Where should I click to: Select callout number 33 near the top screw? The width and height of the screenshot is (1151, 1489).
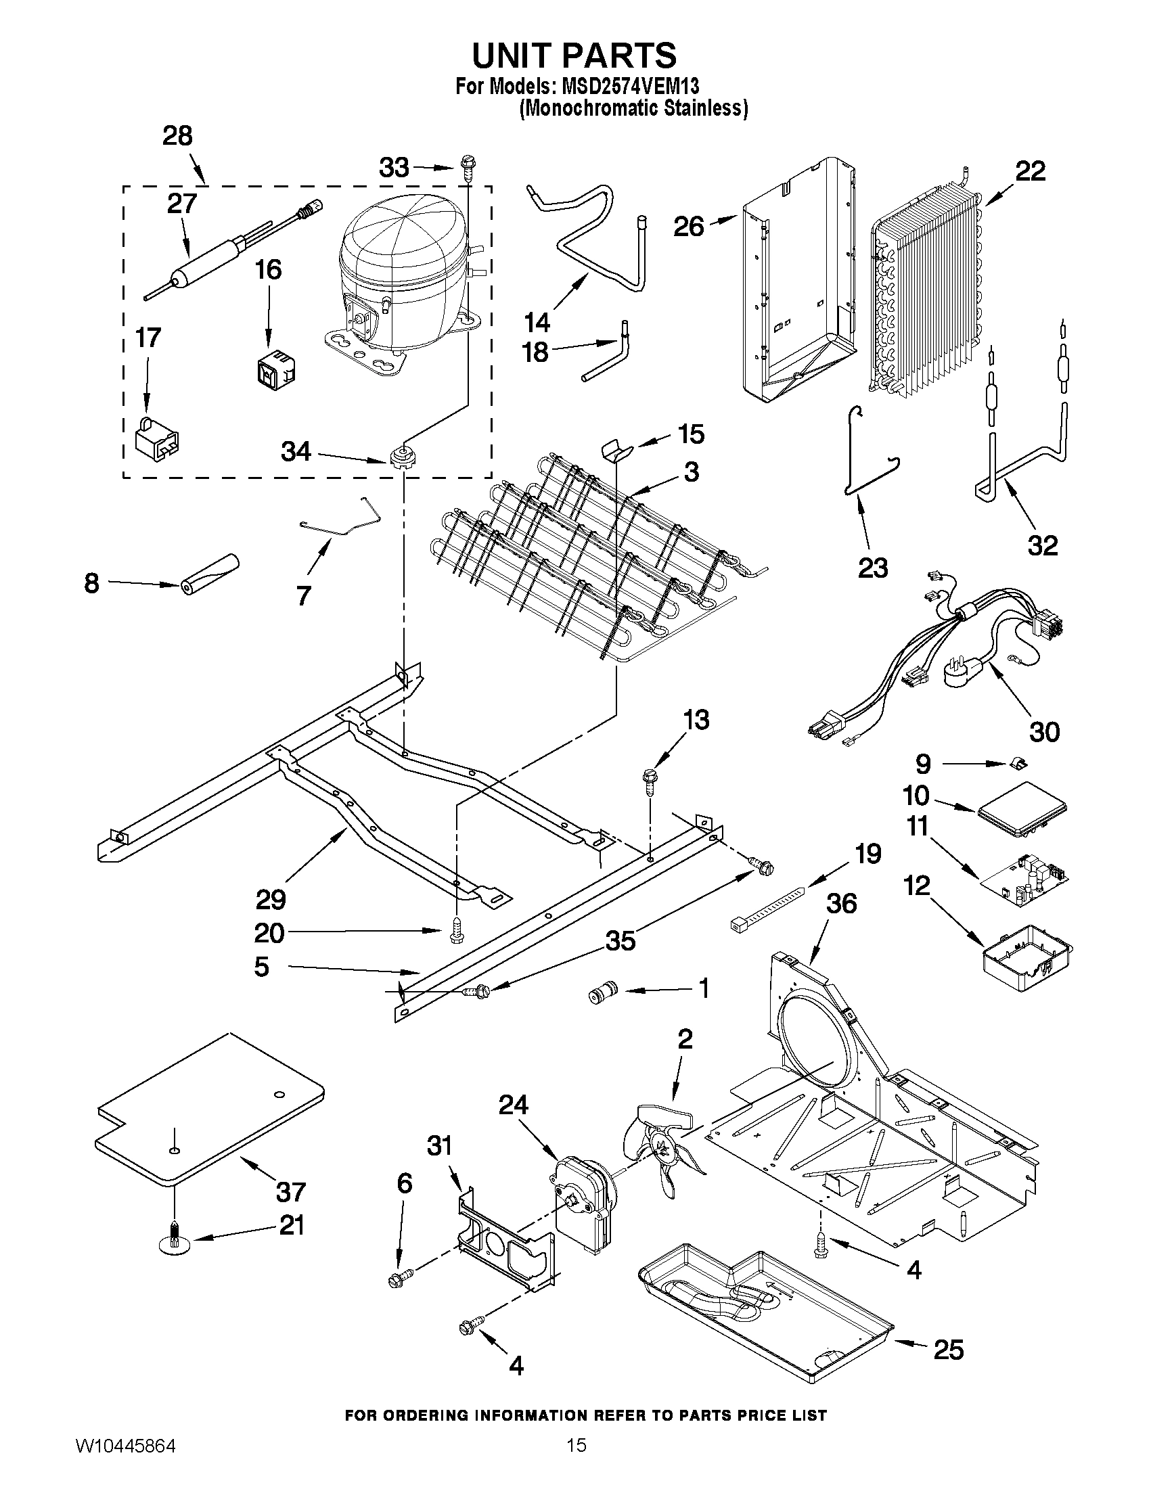[393, 167]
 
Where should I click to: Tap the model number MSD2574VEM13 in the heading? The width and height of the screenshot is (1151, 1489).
[631, 87]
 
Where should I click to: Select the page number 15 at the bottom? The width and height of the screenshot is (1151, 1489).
[577, 1459]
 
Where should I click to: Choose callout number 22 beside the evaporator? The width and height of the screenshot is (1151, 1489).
[1031, 170]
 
